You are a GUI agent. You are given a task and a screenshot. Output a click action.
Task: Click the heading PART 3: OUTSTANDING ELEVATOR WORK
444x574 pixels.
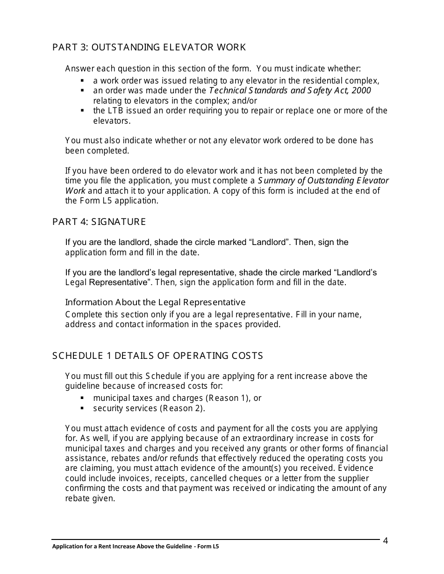point(149,47)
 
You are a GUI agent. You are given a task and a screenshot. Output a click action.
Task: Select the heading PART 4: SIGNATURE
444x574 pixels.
point(99,222)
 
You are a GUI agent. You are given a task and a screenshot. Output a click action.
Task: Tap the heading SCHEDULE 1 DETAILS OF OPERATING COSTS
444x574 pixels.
point(158,356)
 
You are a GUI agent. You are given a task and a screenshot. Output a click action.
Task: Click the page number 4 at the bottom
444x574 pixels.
point(386,541)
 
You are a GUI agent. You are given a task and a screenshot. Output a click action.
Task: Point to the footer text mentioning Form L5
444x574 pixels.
point(136,546)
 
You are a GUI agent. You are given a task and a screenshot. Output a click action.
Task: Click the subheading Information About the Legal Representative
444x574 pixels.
point(155,302)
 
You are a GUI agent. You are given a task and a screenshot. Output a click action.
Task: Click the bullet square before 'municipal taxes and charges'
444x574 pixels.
point(83,398)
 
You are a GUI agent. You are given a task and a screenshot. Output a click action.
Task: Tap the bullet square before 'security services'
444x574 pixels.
point(83,408)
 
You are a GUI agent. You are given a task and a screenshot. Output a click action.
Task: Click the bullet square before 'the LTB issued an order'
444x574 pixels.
point(83,111)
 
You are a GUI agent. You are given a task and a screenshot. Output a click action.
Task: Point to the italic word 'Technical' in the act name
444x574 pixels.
point(227,90)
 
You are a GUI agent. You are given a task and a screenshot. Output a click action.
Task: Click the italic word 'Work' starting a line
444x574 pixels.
point(75,190)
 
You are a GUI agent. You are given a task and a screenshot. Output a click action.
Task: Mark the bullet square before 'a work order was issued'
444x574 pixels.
point(83,80)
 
